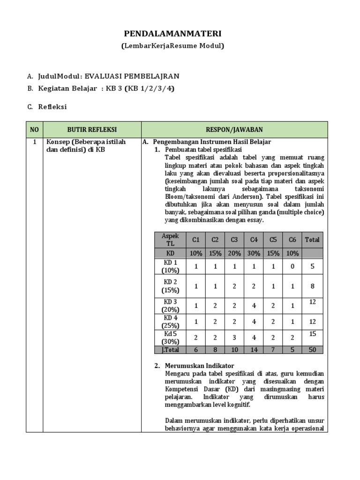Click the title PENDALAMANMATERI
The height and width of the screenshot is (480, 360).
click(x=172, y=34)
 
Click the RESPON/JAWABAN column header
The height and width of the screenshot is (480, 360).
click(x=234, y=129)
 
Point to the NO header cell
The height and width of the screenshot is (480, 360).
click(x=35, y=129)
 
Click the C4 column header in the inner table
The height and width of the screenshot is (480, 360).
click(x=254, y=240)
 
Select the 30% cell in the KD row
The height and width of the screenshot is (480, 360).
click(x=254, y=253)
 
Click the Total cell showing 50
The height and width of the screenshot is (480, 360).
click(x=312, y=350)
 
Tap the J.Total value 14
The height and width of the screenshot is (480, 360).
click(x=254, y=350)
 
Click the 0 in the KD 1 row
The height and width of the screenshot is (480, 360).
click(x=292, y=266)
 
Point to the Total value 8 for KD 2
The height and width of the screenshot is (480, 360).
click(x=312, y=286)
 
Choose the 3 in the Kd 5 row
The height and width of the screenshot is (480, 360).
click(x=234, y=338)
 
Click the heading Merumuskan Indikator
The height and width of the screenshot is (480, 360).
click(x=199, y=366)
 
